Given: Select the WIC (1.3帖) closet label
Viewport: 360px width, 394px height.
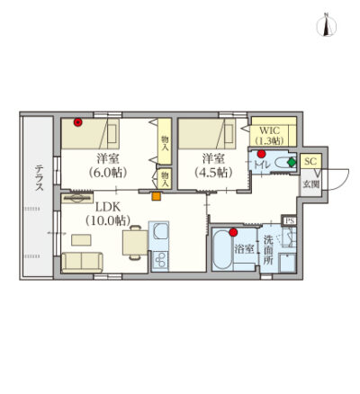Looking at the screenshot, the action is (269, 136).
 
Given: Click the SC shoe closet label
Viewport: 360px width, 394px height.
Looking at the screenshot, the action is (310, 161).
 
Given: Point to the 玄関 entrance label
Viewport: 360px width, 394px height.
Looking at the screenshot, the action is (310, 184).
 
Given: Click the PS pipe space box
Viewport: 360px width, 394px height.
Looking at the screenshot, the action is (290, 220).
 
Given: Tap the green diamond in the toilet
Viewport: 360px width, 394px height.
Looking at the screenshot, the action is (292, 162).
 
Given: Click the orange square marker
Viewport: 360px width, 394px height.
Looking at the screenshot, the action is (157, 196).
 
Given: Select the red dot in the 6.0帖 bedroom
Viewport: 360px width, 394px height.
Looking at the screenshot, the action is (78, 122).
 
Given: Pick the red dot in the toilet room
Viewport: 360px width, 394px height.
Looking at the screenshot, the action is (262, 154).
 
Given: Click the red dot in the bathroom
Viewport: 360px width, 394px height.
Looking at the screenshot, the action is (233, 232).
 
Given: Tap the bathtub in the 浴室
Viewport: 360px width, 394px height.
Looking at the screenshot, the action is (222, 249).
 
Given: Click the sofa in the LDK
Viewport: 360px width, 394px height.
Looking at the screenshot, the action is (82, 262).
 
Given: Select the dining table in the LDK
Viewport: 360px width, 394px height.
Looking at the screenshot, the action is (135, 243).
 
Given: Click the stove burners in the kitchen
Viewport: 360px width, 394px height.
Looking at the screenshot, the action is (159, 260).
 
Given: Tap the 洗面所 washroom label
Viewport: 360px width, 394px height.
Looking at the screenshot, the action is (268, 250).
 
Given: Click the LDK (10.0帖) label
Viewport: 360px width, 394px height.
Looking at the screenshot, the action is (108, 213).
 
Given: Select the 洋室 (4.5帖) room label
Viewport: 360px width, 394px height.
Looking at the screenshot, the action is (213, 165).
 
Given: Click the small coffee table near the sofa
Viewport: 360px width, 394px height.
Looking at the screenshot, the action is (81, 240).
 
